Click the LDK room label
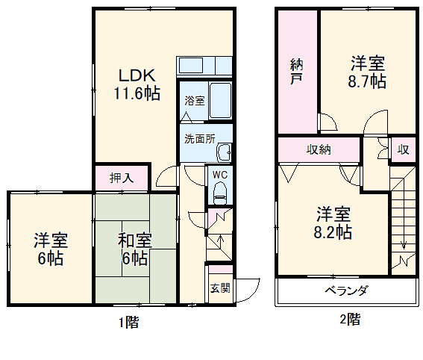137,76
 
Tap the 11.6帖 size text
137,93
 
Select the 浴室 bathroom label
194,100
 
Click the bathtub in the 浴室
220,101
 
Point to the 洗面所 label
199,138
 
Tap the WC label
219,175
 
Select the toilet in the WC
219,193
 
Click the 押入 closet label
121,178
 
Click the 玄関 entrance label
219,288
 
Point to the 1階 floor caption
127,323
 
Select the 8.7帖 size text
368,81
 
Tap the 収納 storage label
319,149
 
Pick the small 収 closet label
403,149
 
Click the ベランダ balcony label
345,291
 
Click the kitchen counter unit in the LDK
204,65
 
